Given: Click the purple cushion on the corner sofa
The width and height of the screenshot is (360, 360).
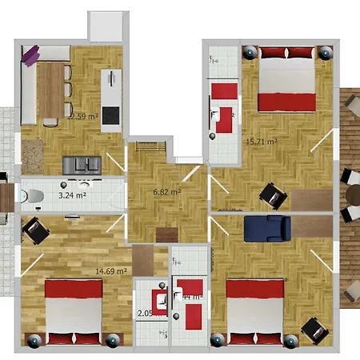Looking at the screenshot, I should point(30,55).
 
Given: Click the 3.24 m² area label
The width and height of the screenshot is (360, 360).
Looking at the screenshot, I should point(71,194).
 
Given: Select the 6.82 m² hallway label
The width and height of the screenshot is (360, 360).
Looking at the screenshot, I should point(166,192).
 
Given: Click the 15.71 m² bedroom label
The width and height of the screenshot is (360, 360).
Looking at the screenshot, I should point(262,142).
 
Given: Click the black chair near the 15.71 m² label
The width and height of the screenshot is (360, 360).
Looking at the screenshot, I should point(272,194).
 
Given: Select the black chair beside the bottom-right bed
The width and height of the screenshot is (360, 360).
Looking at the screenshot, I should point(313,329).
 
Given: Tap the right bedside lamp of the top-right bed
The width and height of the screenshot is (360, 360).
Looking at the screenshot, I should point(325,53).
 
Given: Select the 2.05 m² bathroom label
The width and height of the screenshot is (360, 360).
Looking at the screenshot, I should point(147,314).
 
